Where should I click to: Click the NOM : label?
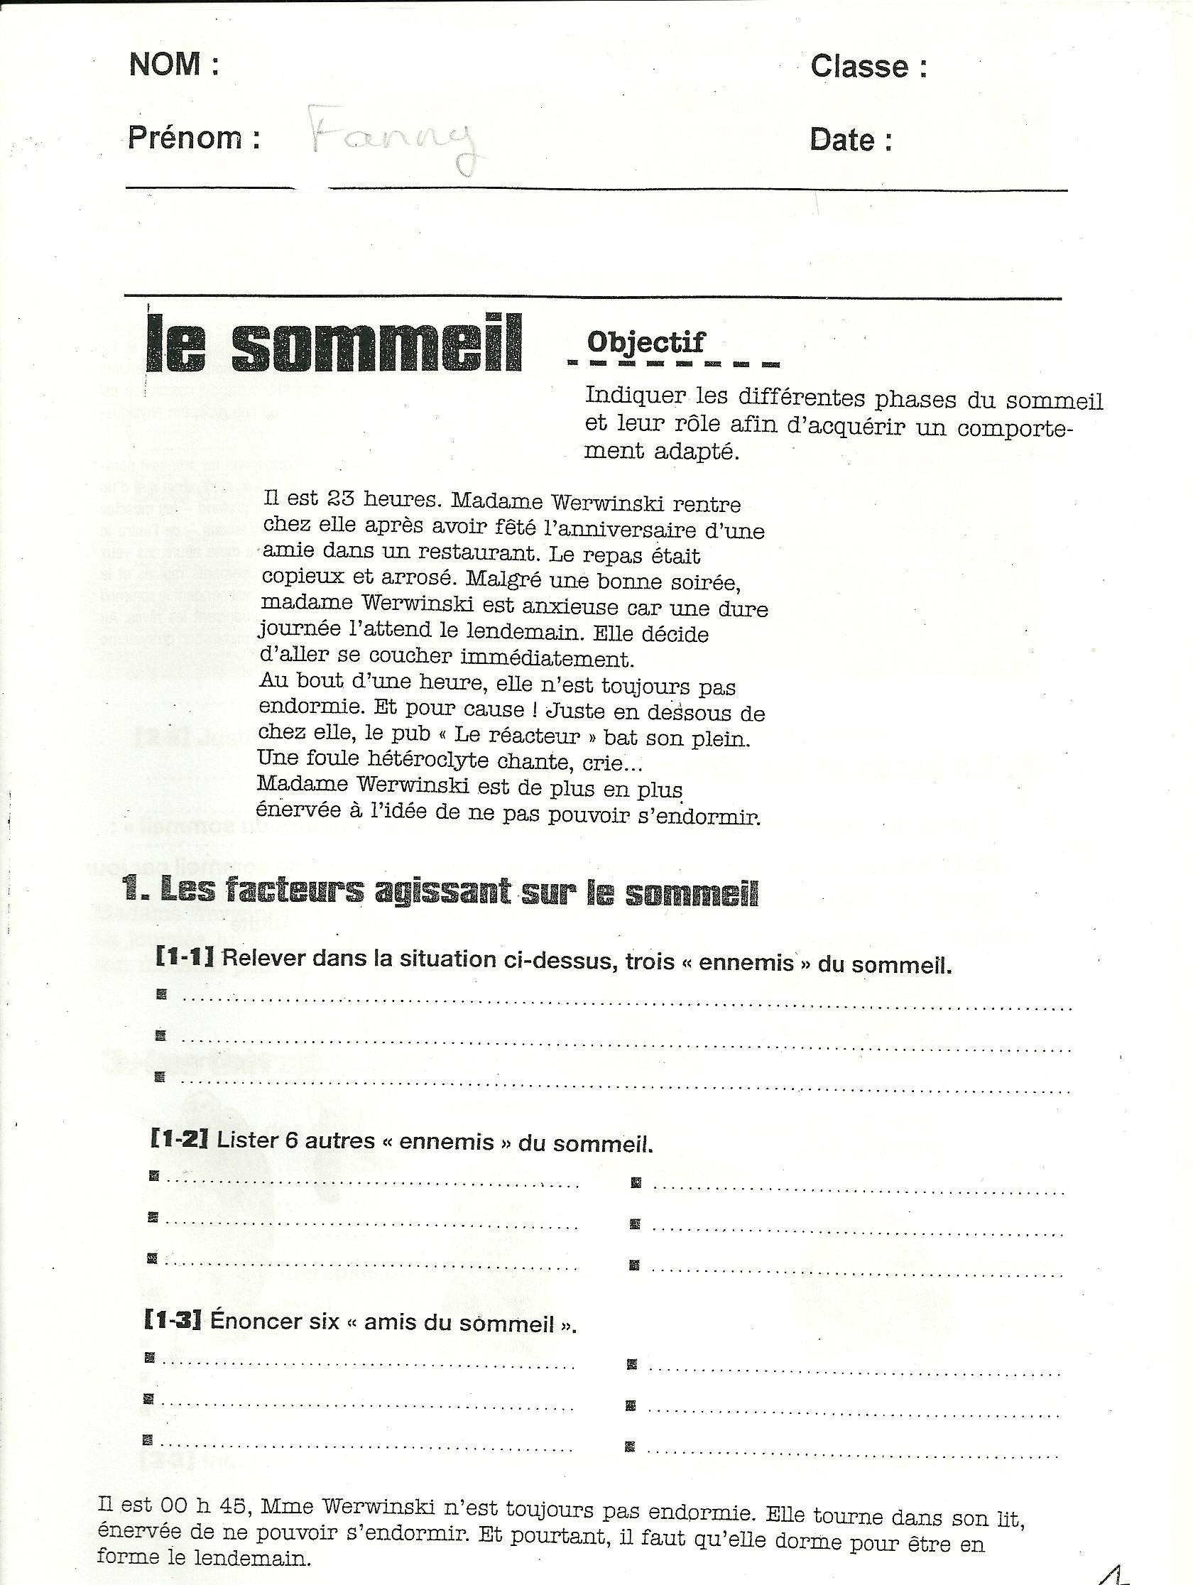tap(174, 65)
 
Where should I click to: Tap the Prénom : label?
tap(193, 138)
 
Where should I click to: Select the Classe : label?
tap(868, 67)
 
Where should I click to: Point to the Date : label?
tap(851, 140)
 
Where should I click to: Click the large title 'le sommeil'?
tap(334, 345)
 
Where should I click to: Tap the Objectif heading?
tap(645, 342)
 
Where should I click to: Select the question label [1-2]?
tap(179, 1140)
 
